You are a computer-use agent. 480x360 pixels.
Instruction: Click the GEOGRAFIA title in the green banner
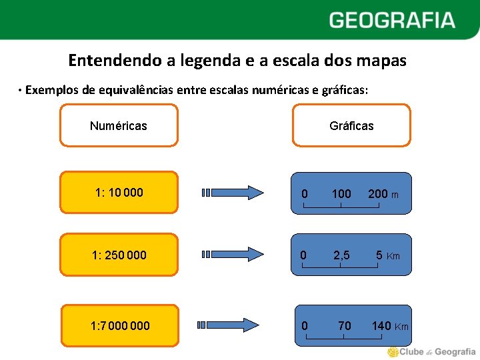tap(392, 20)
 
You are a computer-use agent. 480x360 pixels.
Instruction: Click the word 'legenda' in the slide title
tap(196, 61)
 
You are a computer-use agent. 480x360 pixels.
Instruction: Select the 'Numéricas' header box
tap(119, 125)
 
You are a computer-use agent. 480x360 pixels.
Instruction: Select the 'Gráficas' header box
tap(351, 125)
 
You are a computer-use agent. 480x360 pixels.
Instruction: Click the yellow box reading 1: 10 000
tap(119, 193)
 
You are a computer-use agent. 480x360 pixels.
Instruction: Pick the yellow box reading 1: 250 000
tap(119, 255)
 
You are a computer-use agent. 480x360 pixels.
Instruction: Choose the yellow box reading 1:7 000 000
tap(120, 326)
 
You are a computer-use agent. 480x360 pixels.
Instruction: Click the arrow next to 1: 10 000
tap(233, 193)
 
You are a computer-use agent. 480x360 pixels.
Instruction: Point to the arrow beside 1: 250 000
tap(233, 254)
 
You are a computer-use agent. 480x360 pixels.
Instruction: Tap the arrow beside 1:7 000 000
tap(230, 325)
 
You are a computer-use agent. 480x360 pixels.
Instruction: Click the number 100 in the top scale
tap(341, 194)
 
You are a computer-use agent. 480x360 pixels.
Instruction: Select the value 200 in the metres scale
tap(377, 194)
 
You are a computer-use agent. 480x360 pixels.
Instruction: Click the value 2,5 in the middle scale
tap(341, 255)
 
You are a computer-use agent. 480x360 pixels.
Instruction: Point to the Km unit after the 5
tap(393, 256)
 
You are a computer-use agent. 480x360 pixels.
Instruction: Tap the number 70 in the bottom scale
tap(344, 326)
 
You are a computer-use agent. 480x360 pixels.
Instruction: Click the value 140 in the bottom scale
tap(381, 326)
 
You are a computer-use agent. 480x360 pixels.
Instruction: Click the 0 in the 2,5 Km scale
tap(303, 255)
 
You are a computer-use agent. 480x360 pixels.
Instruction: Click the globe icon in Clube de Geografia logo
tap(393, 351)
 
